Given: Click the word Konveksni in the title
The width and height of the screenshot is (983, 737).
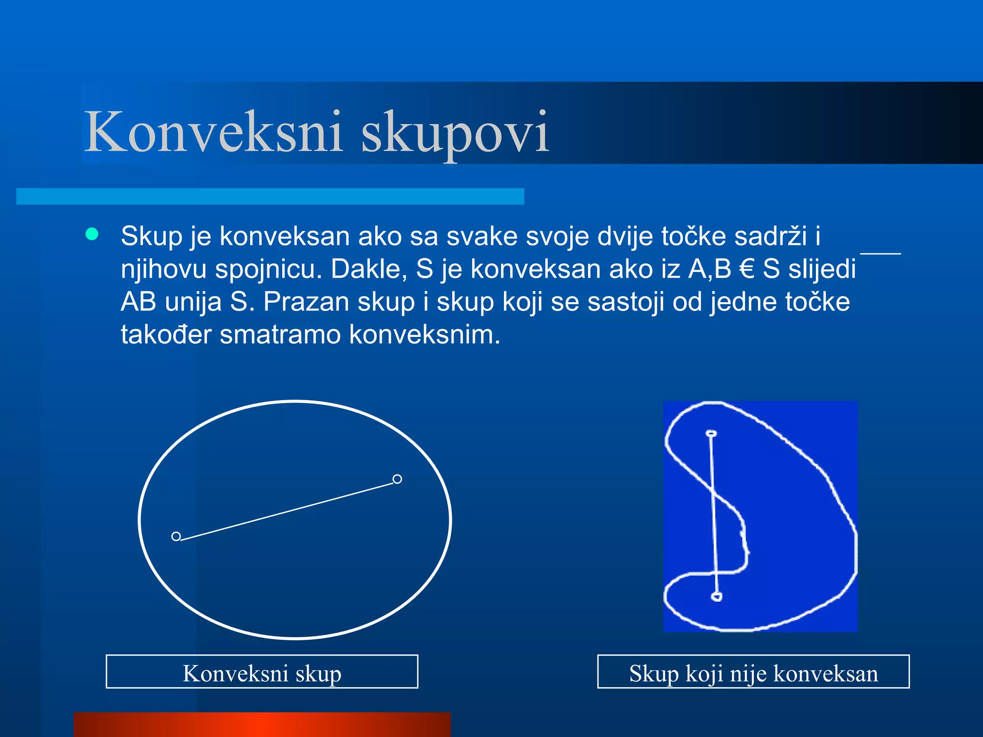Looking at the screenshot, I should click(x=213, y=132).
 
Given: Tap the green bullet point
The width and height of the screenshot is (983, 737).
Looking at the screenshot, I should click(x=92, y=234).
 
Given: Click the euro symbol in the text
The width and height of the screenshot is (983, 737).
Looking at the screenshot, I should click(x=747, y=269).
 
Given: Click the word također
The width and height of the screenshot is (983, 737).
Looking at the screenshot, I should click(x=166, y=334).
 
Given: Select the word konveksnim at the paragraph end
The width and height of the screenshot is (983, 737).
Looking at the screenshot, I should click(x=424, y=334).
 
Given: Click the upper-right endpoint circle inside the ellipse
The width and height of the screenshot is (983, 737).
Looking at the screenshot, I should click(x=397, y=479).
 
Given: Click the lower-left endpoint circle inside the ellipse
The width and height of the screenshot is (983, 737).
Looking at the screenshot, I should click(x=176, y=536).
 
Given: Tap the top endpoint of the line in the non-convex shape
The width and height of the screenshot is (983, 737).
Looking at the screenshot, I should click(x=711, y=434).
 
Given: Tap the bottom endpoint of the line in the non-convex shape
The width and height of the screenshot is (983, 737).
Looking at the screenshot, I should click(x=716, y=596).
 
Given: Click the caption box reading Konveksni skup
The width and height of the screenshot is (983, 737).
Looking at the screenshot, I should click(x=262, y=672).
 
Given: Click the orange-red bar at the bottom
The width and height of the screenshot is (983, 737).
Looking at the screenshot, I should click(x=262, y=725).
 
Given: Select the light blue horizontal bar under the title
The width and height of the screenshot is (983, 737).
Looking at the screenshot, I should click(x=270, y=196).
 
